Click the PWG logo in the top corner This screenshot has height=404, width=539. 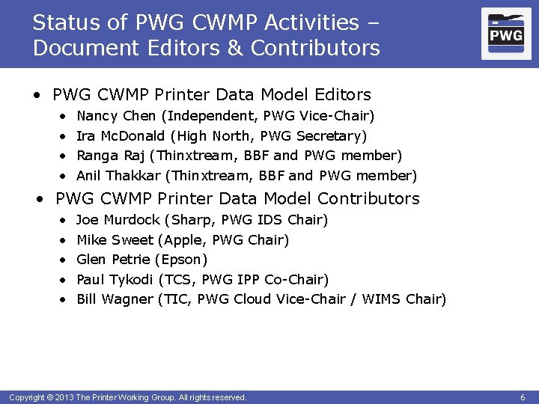tap(506, 34)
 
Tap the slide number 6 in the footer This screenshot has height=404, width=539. tap(522, 397)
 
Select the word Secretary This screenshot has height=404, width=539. tap(329, 136)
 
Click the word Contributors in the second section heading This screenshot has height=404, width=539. tap(368, 199)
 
